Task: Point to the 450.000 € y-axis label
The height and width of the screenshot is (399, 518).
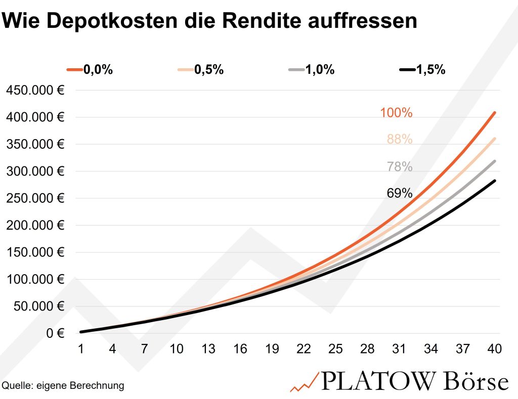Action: click(34, 91)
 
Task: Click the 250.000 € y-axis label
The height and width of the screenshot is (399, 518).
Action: click(34, 198)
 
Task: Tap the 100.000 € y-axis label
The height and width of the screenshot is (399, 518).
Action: click(34, 279)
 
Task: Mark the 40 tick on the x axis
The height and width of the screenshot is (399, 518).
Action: click(494, 349)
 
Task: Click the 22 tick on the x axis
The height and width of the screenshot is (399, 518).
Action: click(304, 349)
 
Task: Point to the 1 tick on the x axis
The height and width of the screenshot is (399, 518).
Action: click(80, 349)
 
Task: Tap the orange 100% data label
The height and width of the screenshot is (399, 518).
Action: click(396, 113)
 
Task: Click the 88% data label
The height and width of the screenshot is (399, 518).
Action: click(400, 139)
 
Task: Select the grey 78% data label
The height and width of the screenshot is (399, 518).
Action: click(400, 166)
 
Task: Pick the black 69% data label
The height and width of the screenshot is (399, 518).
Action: click(400, 193)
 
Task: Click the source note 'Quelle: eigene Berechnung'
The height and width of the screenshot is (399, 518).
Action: click(63, 386)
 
